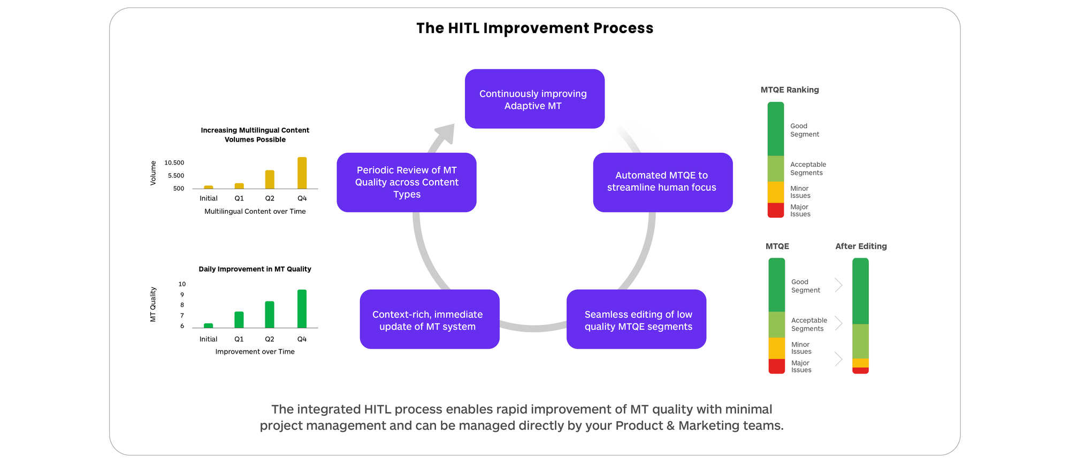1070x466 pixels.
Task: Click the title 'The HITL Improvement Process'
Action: (x=534, y=28)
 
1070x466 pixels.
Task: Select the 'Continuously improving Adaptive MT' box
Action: (x=534, y=99)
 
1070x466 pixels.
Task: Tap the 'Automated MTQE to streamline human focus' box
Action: (x=662, y=182)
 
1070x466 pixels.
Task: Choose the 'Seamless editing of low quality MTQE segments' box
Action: (x=636, y=319)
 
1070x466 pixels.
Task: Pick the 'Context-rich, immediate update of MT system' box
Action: (x=429, y=319)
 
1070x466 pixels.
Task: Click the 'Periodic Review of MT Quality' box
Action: (x=406, y=182)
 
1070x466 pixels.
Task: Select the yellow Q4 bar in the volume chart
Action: (x=302, y=173)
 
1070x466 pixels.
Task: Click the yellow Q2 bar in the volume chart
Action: (x=270, y=180)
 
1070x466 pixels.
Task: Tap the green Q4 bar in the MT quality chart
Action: (x=302, y=308)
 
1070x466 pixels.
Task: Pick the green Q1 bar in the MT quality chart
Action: (x=239, y=320)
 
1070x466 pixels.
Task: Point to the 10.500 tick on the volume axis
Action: (x=174, y=163)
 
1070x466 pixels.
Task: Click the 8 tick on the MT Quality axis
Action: (x=182, y=305)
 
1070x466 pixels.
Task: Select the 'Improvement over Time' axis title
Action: (x=255, y=352)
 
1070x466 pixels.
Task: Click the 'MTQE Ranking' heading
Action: (x=790, y=90)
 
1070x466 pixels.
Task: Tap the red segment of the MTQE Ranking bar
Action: (x=775, y=210)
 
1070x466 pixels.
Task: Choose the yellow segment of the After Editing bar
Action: (x=860, y=363)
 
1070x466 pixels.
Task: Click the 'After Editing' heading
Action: (x=861, y=246)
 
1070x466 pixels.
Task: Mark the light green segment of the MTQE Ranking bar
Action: (x=775, y=169)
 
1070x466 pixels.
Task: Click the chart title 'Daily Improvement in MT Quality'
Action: (x=255, y=269)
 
